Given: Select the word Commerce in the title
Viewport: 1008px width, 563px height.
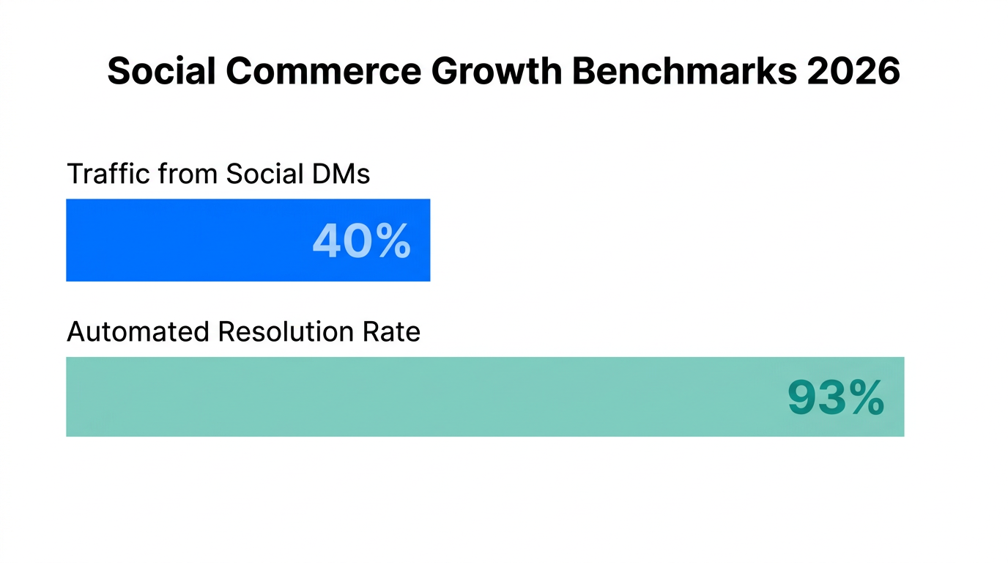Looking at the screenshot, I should point(323,71).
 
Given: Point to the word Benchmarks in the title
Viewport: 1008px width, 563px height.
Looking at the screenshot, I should point(679,71).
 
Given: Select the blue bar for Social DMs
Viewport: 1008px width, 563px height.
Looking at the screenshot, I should point(183,240).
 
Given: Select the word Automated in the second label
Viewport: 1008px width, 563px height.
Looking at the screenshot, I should point(138,332).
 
